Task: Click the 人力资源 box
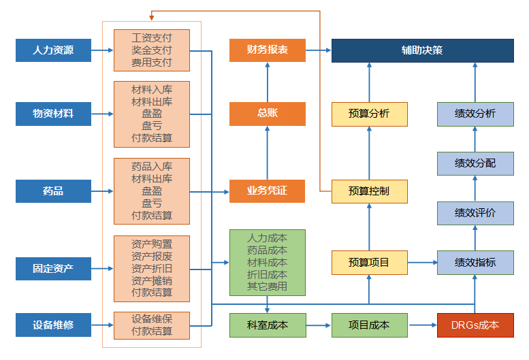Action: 53,50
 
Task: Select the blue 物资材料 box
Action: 53,114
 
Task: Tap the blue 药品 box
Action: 53,191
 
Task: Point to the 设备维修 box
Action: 53,325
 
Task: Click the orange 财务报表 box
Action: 267,50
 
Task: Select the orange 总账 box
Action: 267,114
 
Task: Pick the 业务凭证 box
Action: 267,191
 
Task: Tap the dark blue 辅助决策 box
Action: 422,50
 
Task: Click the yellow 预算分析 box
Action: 369,114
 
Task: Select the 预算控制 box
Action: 369,191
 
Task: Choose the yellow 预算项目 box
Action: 369,263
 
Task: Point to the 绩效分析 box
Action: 475,114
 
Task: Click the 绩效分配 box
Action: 475,163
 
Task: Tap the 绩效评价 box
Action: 475,213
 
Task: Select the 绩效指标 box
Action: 475,263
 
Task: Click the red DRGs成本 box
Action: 475,325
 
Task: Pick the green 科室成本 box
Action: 267,325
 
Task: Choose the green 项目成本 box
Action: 369,325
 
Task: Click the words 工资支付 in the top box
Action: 152,37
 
